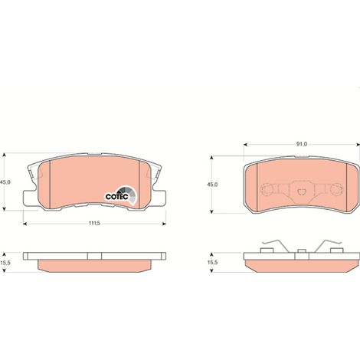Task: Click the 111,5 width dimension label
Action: (94, 223)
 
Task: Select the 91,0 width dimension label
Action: (302, 144)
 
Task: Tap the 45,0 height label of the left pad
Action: (5, 182)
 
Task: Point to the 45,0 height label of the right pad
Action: (212, 185)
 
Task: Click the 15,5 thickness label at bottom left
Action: (5, 263)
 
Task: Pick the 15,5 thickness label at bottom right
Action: (211, 262)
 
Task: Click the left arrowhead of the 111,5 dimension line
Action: (25, 224)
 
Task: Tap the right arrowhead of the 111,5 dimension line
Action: (164, 224)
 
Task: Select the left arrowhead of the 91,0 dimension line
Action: (246, 145)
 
